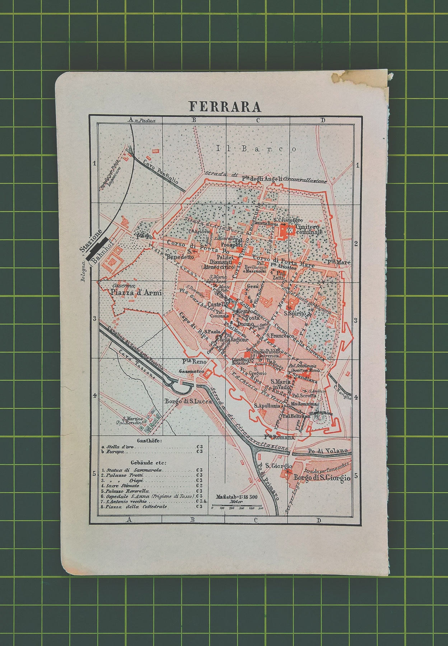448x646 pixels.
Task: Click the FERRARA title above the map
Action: click(x=225, y=107)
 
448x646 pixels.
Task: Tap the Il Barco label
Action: click(x=256, y=149)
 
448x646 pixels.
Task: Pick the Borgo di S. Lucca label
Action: click(x=188, y=402)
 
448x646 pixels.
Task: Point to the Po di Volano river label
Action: click(x=328, y=450)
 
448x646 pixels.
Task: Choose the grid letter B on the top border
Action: click(x=193, y=120)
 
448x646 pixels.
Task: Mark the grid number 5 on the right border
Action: click(x=356, y=476)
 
